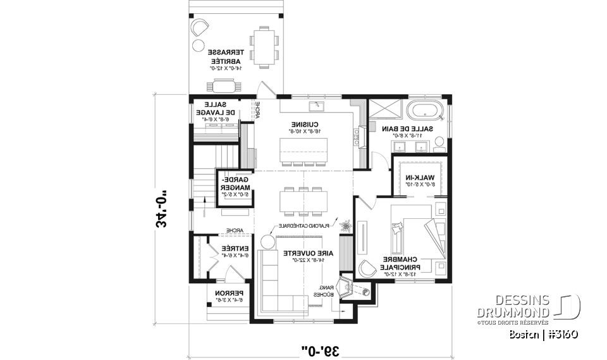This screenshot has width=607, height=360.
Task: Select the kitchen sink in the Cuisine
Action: point(317,105)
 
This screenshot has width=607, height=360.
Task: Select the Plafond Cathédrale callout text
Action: point(319,226)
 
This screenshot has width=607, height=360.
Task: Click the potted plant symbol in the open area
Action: point(345,225)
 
